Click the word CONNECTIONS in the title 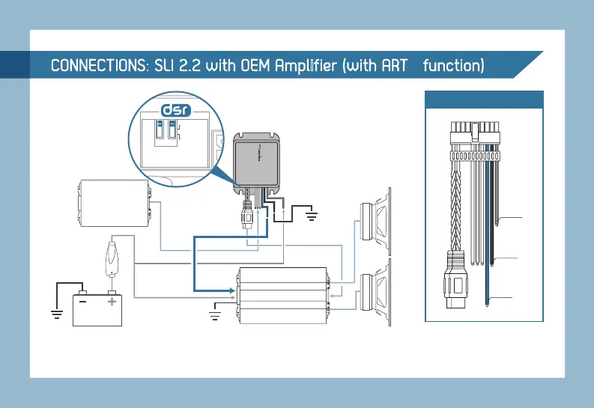(98, 66)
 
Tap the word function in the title (453, 66)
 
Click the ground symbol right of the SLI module (310, 216)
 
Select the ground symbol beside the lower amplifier (215, 314)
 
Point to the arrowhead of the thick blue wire (231, 288)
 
